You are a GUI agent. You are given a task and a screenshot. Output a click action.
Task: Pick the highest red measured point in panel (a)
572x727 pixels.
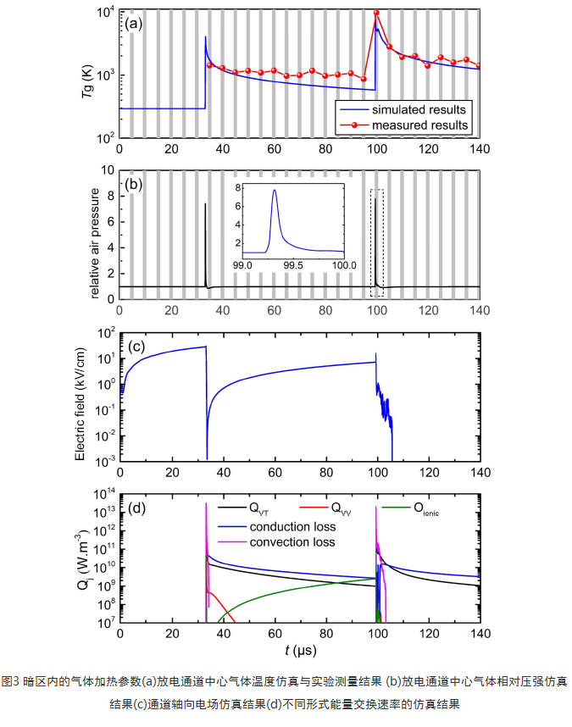click(376, 14)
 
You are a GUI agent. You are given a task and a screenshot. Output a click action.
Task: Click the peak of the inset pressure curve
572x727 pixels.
click(275, 191)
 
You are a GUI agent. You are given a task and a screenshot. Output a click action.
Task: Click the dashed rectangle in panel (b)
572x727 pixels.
click(377, 242)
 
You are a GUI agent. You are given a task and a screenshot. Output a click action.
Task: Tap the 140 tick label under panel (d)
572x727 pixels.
click(480, 635)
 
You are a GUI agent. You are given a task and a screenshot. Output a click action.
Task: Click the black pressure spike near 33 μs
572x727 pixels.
click(205, 246)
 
